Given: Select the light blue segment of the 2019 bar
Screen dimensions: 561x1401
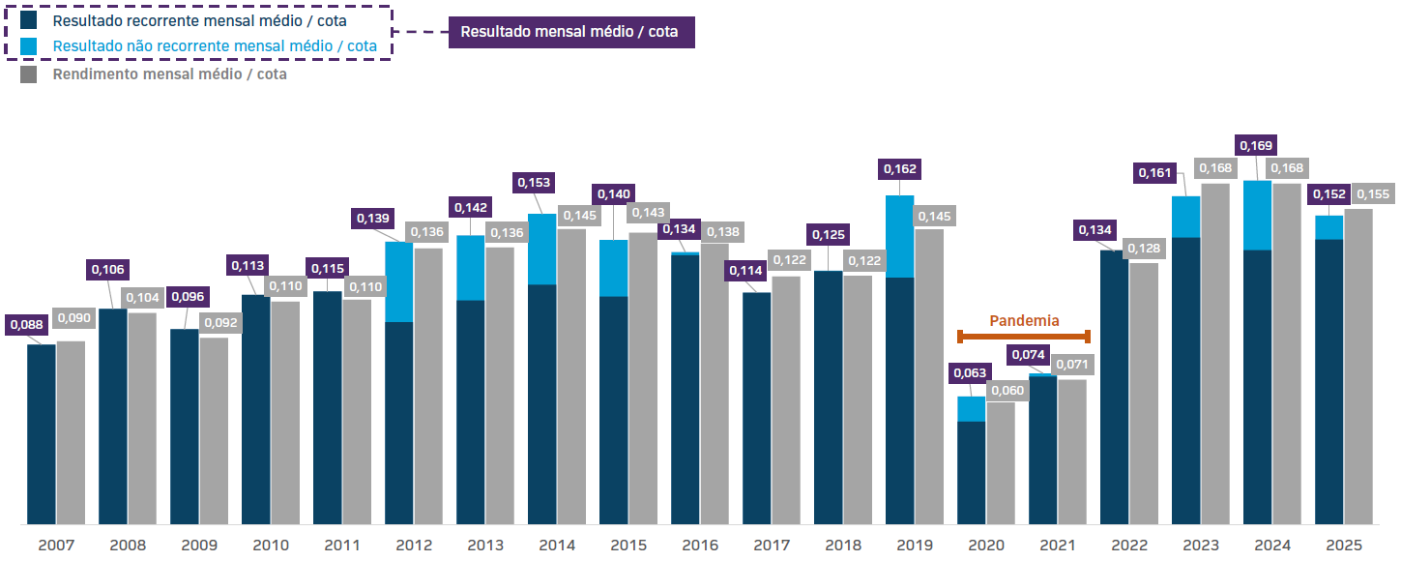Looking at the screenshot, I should coord(899,236).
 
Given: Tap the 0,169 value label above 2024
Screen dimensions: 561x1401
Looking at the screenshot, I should coord(1257,145).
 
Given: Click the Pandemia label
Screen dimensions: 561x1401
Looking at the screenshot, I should coord(1024,320).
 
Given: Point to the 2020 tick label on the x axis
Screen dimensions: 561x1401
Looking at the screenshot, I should coord(985,546).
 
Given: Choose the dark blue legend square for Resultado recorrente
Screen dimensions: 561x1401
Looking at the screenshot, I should coord(29,19).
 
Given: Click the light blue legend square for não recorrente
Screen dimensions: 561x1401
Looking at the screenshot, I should coord(29,45).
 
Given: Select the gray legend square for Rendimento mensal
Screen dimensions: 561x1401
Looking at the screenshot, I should coord(29,74).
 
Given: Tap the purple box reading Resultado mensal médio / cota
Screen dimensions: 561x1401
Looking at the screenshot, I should coord(569,31).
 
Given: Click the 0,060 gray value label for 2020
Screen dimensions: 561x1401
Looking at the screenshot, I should coord(1007,391).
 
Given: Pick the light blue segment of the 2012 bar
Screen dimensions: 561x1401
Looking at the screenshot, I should coord(399,281).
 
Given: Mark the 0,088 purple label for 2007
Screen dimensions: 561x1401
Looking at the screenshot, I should coord(26,326).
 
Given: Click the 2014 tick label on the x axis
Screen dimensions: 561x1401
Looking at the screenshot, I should coord(556,546).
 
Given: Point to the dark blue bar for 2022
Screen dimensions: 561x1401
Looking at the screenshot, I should coord(1114,387).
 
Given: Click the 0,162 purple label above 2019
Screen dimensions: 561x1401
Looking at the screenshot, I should coord(899,169).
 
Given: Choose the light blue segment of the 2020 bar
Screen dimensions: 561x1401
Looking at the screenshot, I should coord(971,408).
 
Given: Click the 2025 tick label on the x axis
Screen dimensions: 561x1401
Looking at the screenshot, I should coord(1343,546).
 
